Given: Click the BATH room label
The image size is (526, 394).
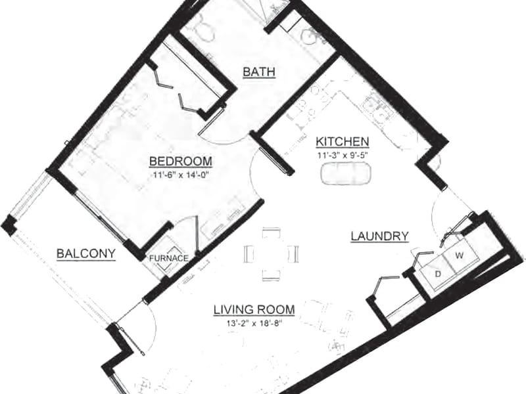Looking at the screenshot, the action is pos(259,72).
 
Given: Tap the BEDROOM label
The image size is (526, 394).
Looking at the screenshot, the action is pos(180,161).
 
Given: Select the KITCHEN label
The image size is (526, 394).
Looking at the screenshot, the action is pos(342,142).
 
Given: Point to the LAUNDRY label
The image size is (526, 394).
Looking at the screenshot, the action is pos(379,236).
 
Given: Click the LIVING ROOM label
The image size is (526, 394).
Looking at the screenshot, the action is pos(254,310).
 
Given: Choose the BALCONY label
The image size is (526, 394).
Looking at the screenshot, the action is pos(86,253).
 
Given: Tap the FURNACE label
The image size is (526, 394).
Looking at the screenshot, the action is pos(168,258).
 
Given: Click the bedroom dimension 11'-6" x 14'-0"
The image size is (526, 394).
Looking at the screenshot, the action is pos(181,174).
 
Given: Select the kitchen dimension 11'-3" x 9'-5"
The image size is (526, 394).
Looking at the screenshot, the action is pos(342,155).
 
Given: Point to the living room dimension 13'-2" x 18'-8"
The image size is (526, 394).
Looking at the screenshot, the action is pos(254,323).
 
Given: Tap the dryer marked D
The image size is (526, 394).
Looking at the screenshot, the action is pos(437,273).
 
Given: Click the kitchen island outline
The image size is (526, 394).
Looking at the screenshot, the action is pos(346,173).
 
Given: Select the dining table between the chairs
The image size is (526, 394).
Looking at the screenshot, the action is pos(271,253).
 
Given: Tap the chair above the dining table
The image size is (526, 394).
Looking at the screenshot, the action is pos(271,232).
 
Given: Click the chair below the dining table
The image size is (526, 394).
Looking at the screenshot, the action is pos(271,275).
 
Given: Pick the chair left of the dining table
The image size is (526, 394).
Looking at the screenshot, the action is pos(249,253).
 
